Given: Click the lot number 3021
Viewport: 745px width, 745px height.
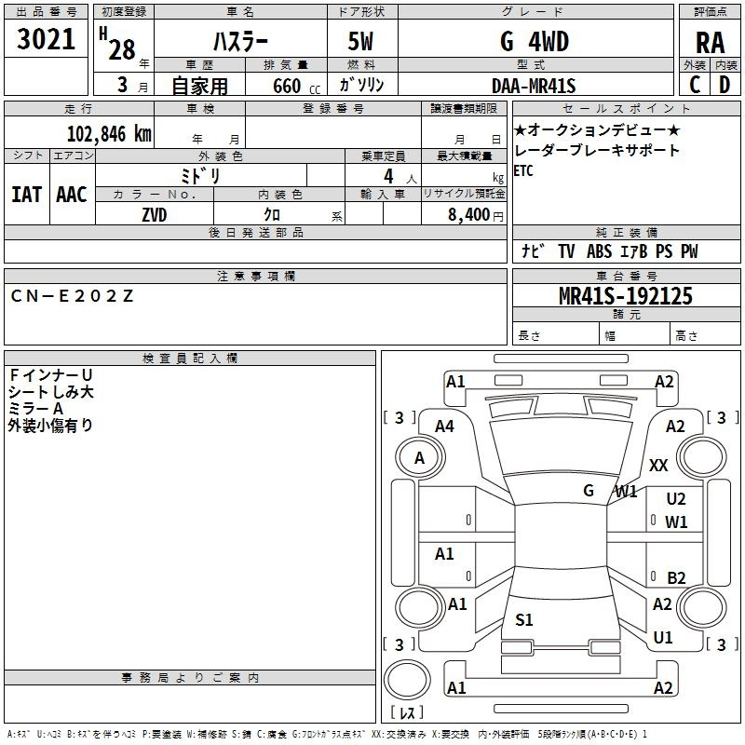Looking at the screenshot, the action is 46,39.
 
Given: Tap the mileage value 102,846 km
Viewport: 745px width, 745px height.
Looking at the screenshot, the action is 109,134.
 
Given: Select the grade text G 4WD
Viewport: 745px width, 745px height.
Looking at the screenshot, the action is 535,41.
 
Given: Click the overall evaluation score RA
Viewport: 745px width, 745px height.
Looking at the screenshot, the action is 710,43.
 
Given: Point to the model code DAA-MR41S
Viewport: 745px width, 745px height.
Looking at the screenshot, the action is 534,86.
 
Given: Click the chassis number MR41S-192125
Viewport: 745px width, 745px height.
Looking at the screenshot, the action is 626,296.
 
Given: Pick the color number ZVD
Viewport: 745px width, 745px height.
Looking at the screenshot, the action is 155,215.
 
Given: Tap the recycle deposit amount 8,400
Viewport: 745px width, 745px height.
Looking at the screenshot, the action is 469,215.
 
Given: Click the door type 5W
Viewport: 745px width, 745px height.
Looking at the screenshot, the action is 360,41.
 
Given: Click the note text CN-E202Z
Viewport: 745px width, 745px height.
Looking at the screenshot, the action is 72,296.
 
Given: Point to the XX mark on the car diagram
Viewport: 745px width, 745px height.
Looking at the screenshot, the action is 658,465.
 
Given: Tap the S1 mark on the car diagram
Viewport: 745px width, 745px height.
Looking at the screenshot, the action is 524,619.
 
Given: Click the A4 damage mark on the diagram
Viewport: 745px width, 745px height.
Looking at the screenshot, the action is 445,427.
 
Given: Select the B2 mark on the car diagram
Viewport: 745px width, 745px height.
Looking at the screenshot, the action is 676,577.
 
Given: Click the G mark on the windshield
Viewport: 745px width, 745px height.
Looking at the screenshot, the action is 589,491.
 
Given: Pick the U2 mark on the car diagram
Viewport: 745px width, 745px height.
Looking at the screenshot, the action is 676,499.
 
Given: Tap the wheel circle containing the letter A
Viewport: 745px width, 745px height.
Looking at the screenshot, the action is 420,458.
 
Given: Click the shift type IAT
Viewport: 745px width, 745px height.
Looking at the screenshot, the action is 27,195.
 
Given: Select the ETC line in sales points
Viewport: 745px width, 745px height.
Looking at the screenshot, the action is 523,170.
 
